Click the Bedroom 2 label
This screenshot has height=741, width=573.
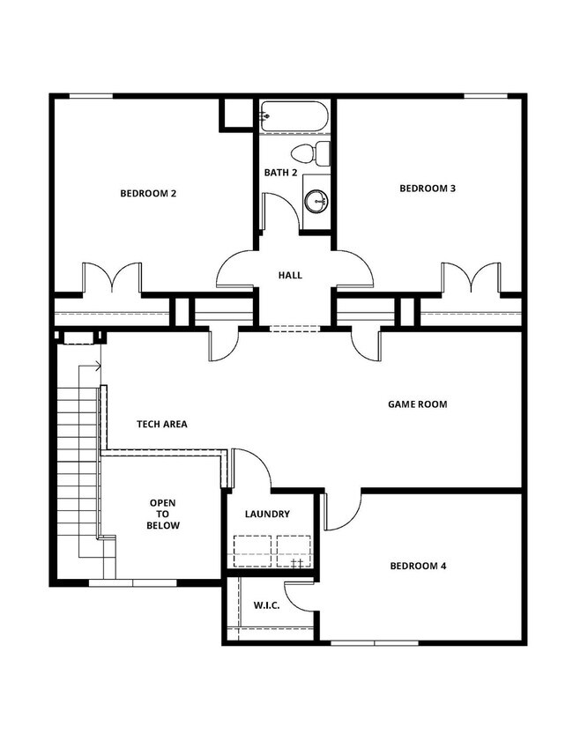tap(148, 193)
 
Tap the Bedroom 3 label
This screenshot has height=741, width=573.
tap(428, 188)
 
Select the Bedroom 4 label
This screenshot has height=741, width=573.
tap(418, 566)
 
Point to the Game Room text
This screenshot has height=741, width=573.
tap(418, 404)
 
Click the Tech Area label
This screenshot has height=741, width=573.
tap(161, 424)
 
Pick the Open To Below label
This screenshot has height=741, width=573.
tap(163, 514)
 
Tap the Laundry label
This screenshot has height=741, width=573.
tap(267, 514)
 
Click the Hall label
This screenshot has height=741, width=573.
tap(290, 275)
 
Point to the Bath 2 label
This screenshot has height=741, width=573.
tap(280, 172)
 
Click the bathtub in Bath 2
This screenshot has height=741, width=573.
tap(294, 116)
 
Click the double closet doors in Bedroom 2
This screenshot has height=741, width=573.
tap(111, 277)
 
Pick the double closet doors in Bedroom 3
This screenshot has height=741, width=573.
tap(471, 277)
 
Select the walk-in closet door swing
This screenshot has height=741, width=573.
tap(301, 597)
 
